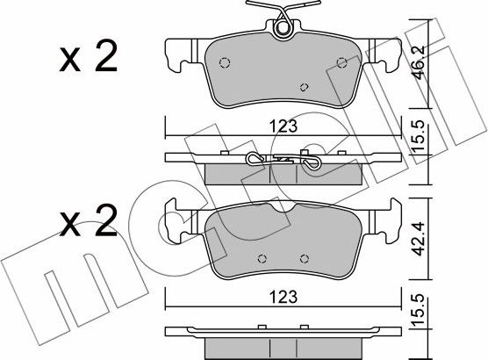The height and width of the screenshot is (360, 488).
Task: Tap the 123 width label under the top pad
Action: click(x=283, y=126)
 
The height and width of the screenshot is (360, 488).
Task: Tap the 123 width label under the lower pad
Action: click(x=283, y=297)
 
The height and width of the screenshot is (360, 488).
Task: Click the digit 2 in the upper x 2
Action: click(x=106, y=56)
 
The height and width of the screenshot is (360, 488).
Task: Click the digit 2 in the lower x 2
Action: click(x=106, y=220)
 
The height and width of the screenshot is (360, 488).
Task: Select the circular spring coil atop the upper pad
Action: click(x=283, y=28)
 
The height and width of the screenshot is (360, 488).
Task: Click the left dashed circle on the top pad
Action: click(x=225, y=63)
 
